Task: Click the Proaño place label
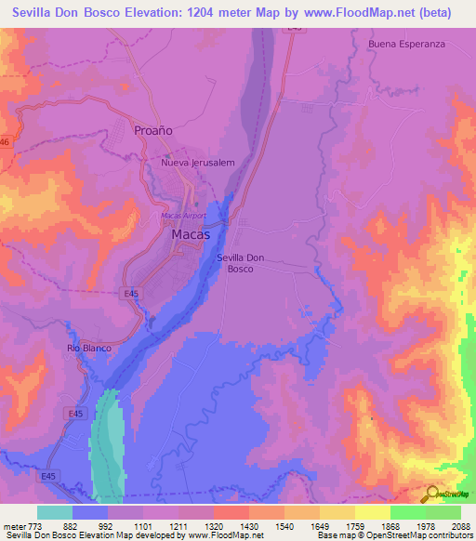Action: click(154, 131)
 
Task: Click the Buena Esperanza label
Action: click(407, 44)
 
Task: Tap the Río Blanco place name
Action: click(88, 348)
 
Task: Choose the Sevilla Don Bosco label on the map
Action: click(242, 262)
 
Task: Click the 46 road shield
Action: click(5, 141)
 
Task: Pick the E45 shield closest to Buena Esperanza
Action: click(295, 29)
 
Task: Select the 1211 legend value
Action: click(196, 525)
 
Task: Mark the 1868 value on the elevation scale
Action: click(407, 525)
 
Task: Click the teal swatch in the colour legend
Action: click(55, 512)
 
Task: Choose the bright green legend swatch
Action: click(408, 512)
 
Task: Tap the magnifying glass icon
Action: click(433, 494)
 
